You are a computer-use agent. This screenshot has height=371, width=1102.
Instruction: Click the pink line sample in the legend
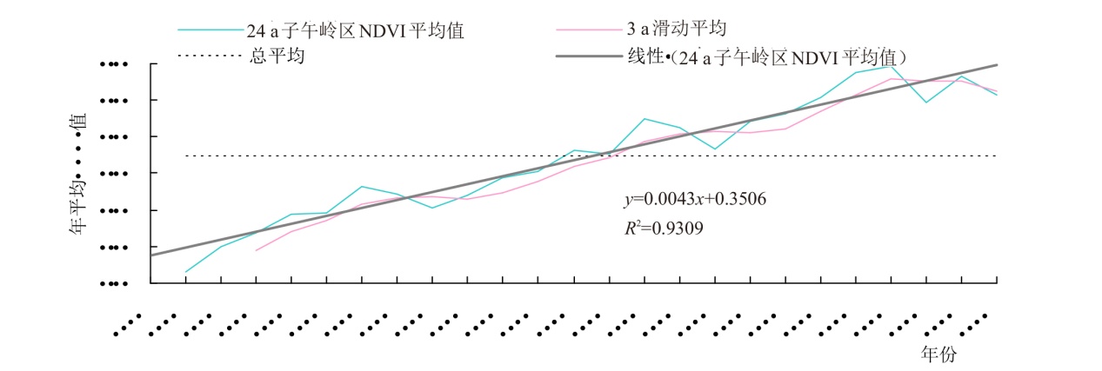tap(588, 30)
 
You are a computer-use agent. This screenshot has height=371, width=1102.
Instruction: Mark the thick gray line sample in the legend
tap(588, 58)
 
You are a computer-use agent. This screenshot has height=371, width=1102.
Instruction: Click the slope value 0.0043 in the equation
tap(659, 199)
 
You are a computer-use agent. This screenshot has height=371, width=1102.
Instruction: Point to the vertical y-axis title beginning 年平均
tap(78, 174)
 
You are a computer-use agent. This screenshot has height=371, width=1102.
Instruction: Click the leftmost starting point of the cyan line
tap(186, 272)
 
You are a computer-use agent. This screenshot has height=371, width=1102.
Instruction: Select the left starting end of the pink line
tap(256, 250)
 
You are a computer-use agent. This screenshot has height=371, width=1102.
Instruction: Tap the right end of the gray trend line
tap(997, 65)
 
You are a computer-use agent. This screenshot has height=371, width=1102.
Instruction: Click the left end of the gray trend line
tap(151, 255)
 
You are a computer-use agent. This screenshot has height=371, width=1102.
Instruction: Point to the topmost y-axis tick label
tap(114, 64)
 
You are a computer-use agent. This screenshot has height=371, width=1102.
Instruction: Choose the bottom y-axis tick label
tap(114, 283)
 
